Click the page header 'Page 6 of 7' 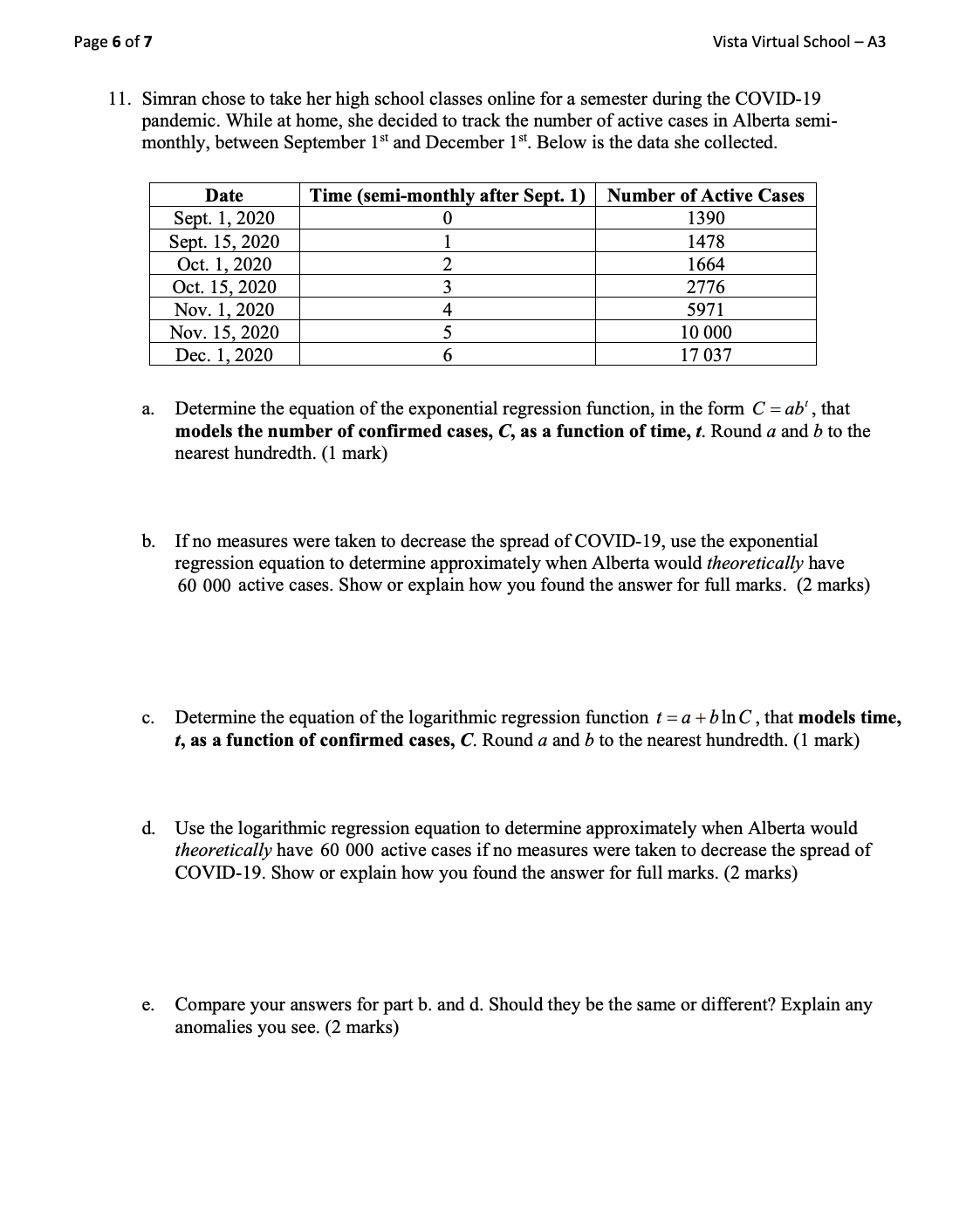click(x=113, y=42)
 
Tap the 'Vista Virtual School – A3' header click(x=798, y=42)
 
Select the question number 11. click(x=120, y=99)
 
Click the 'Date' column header click(x=224, y=195)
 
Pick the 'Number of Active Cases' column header click(x=705, y=195)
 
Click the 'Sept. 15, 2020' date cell click(x=224, y=242)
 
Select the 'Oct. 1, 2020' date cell click(x=224, y=264)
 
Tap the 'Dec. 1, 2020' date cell click(x=224, y=355)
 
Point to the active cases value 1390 click(x=705, y=218)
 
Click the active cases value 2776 click(x=705, y=287)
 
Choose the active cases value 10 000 click(x=705, y=332)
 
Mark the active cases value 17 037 click(x=705, y=355)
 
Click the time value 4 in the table click(x=447, y=310)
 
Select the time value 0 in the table click(x=447, y=218)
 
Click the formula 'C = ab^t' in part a click(x=783, y=408)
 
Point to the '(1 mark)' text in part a click(x=355, y=454)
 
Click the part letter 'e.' click(x=148, y=1005)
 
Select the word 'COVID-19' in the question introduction click(x=778, y=99)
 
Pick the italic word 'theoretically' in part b click(x=754, y=564)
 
